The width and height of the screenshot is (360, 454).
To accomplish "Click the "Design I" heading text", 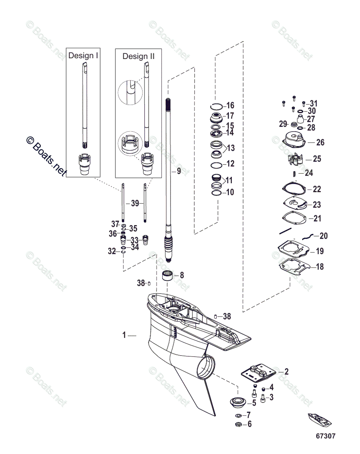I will (83, 56).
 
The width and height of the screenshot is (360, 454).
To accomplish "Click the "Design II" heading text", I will (138, 56).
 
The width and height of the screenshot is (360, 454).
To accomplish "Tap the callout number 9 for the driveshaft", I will (178, 171).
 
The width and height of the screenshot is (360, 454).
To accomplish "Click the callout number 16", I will (230, 106).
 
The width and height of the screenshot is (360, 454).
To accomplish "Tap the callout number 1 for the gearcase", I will (124, 335).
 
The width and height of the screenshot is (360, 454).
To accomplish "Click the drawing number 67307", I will (326, 436).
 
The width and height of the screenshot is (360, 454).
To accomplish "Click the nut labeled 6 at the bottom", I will (239, 424).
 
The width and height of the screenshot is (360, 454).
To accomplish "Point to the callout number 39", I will (135, 203).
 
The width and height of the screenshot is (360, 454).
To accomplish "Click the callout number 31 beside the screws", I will (314, 104).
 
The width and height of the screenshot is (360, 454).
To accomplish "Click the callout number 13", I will (230, 148).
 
